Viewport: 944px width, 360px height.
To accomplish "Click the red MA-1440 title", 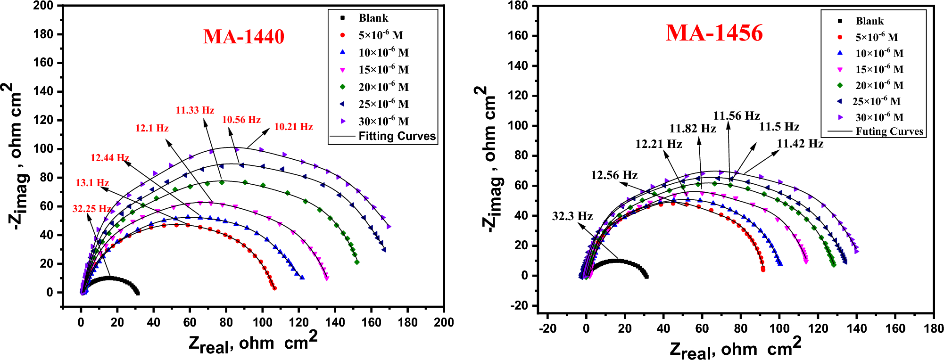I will (244, 37).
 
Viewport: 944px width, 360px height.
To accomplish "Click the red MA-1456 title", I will (714, 33).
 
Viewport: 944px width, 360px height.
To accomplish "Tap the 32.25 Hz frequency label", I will (91, 209).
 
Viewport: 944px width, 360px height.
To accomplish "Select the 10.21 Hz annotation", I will (293, 127).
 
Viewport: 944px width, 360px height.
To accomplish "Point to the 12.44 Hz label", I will (110, 158).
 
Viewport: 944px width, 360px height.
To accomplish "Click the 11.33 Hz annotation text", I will (195, 110).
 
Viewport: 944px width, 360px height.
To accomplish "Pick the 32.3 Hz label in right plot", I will (572, 216).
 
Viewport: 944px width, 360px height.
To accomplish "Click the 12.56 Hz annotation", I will (614, 175).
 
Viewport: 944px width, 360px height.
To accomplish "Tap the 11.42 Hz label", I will (800, 144).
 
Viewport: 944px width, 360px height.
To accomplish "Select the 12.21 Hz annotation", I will (658, 144).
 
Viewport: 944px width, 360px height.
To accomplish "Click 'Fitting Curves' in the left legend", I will (397, 136).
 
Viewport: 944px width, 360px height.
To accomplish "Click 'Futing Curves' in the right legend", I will (889, 131).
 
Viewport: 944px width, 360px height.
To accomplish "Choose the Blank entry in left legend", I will (373, 18).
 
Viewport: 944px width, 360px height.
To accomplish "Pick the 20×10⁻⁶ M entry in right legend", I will (879, 85).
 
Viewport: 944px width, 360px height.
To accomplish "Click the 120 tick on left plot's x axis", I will (298, 323).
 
